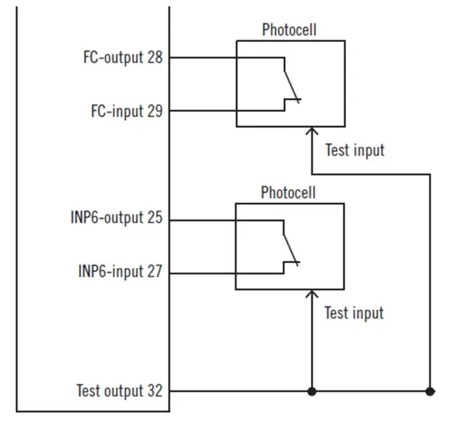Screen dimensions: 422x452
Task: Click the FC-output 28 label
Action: pyautogui.click(x=122, y=57)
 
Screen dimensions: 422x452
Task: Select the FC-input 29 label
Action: pyautogui.click(x=126, y=110)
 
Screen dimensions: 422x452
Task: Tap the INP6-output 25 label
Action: pyautogui.click(x=117, y=219)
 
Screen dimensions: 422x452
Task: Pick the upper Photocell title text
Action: pyautogui.click(x=289, y=30)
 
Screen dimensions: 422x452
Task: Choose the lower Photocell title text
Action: pyautogui.click(x=288, y=193)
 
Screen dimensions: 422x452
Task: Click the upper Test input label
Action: pyautogui.click(x=355, y=150)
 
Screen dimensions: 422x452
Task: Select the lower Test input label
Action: pyautogui.click(x=354, y=313)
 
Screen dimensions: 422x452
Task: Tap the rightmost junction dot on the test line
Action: pyautogui.click(x=430, y=390)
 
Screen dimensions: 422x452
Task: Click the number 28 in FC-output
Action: pyautogui.click(x=156, y=57)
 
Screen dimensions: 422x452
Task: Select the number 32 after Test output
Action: pyautogui.click(x=156, y=390)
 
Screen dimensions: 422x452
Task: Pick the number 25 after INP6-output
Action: pyautogui.click(x=156, y=219)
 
